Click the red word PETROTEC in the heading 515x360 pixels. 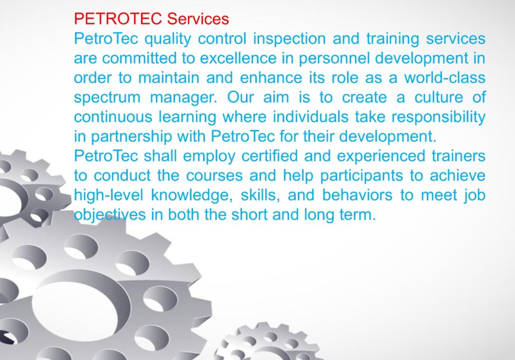118,19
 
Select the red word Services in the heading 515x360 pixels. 198,19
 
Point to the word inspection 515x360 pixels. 289,39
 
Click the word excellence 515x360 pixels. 238,58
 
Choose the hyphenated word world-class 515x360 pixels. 445,78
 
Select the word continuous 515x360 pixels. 113,117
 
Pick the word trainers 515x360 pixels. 458,156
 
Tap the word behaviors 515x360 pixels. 357,195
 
